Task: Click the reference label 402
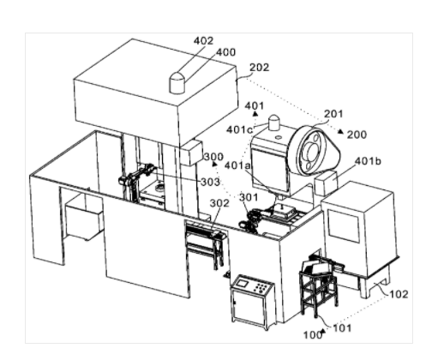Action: tap(203, 41)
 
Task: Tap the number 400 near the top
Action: tap(225, 52)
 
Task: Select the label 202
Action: tap(260, 68)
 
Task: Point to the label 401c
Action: tap(239, 130)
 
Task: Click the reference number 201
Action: tap(333, 114)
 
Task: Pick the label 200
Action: tap(357, 135)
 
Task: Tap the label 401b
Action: tap(368, 161)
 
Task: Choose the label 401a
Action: tap(237, 165)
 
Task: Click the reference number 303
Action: tap(210, 182)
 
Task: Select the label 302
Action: tap(219, 203)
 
